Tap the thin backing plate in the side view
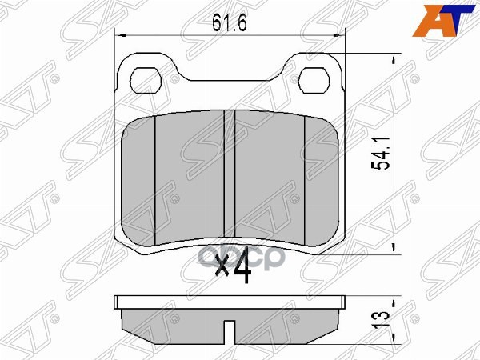point(230,302)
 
